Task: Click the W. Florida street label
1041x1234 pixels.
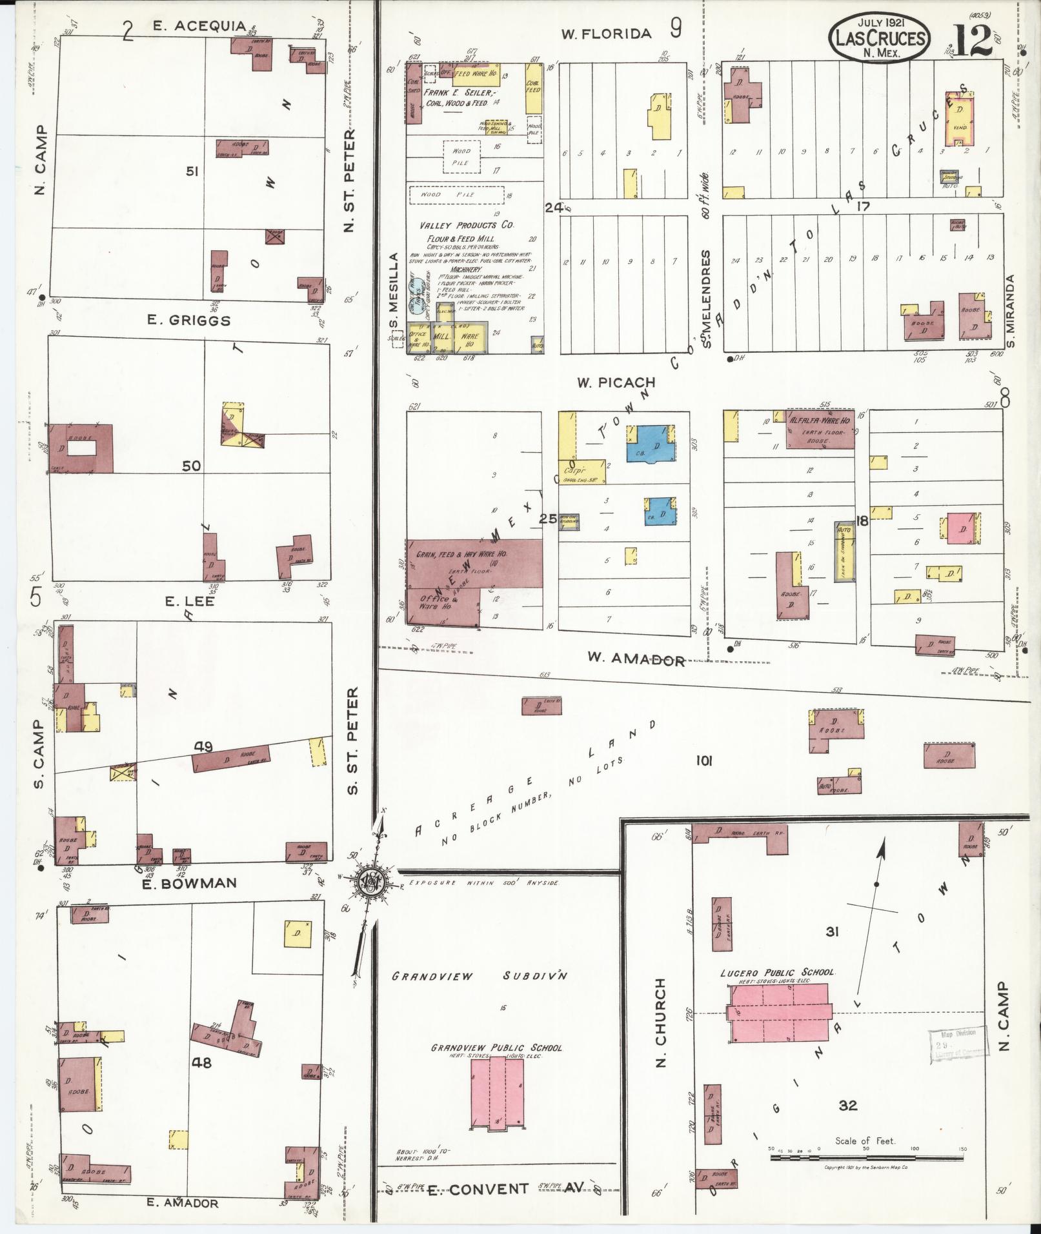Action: click(606, 34)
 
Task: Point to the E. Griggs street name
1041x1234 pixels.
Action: click(188, 321)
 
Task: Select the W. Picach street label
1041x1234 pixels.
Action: click(616, 383)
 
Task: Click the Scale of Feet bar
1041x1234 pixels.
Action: click(865, 1157)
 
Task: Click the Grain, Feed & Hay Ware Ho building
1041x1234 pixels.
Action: click(474, 563)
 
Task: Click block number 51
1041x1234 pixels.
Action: click(192, 172)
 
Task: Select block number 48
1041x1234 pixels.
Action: click(201, 1062)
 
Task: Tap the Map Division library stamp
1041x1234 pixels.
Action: click(957, 1042)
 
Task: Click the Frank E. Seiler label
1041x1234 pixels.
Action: click(457, 93)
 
